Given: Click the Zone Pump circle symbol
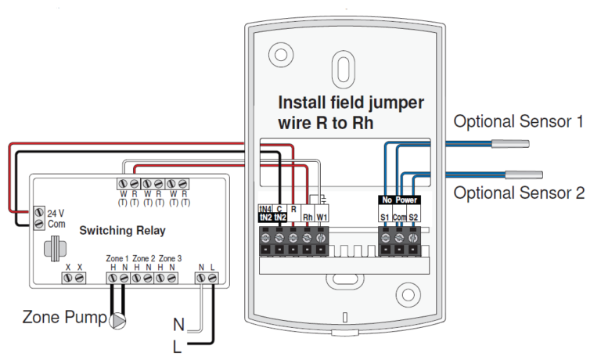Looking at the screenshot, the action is click(x=117, y=322).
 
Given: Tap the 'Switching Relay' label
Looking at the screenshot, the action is click(x=122, y=230).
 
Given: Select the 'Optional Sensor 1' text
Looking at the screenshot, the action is click(x=518, y=121).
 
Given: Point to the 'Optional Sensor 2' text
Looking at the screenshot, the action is click(x=519, y=193).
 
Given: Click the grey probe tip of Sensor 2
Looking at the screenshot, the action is click(x=524, y=175).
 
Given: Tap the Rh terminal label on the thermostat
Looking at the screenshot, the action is click(x=308, y=218).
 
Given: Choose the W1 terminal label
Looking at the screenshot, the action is click(x=322, y=218).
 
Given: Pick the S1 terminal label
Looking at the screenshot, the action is click(x=385, y=218).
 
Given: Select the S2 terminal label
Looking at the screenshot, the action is click(x=413, y=218).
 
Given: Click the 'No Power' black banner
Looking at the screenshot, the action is click(x=399, y=200).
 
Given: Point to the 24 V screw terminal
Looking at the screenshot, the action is click(x=39, y=212).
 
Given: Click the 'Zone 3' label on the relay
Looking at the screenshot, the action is click(x=170, y=258).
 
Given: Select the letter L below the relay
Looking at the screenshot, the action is click(x=177, y=347).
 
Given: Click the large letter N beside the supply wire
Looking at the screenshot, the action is click(x=178, y=325).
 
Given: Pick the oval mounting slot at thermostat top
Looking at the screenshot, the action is click(x=343, y=69).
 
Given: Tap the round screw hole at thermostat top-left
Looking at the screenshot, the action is click(x=281, y=55).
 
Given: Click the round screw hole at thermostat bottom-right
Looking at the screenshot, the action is click(x=408, y=295).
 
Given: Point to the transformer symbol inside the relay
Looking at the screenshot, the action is click(x=56, y=248).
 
